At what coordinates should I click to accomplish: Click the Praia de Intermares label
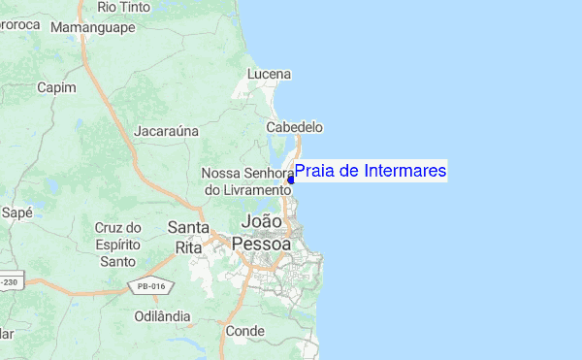pos(370,172)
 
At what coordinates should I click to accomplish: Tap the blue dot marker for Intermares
pos(291,180)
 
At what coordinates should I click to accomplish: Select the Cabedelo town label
pos(296,127)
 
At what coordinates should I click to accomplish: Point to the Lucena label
pos(269,74)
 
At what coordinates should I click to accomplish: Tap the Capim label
pos(55,87)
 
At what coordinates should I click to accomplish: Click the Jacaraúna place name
pos(166,130)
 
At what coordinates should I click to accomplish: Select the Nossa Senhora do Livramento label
pos(246,181)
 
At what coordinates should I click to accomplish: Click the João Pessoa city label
pos(263,233)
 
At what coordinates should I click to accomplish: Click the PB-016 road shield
pos(149,285)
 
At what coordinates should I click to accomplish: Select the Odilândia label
pos(162,316)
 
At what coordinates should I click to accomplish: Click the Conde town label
pos(244,331)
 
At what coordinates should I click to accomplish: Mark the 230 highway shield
pos(10,281)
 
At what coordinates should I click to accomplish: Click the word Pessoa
pos(263,245)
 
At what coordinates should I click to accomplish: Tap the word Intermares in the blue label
pos(402,172)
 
